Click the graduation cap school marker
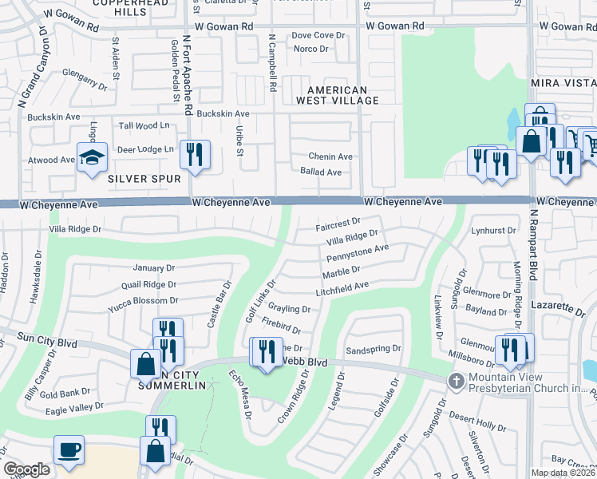pos(92,156)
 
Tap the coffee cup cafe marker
pos(69,448)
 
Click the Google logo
pos(26,469)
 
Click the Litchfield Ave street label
pos(341,287)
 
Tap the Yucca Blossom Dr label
pos(144,300)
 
